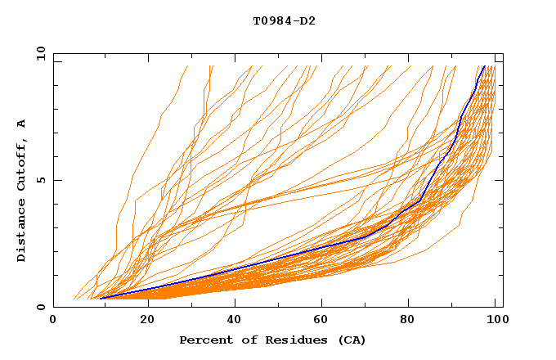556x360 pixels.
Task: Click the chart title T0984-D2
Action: pyautogui.click(x=284, y=20)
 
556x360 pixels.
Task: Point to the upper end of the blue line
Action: pyautogui.click(x=484, y=66)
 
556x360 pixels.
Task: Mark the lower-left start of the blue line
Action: pyautogui.click(x=101, y=298)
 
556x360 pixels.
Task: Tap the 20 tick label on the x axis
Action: pyautogui.click(x=147, y=320)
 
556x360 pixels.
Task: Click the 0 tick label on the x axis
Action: pyautogui.click(x=53, y=320)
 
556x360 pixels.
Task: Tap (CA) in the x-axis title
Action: pyautogui.click(x=351, y=340)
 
